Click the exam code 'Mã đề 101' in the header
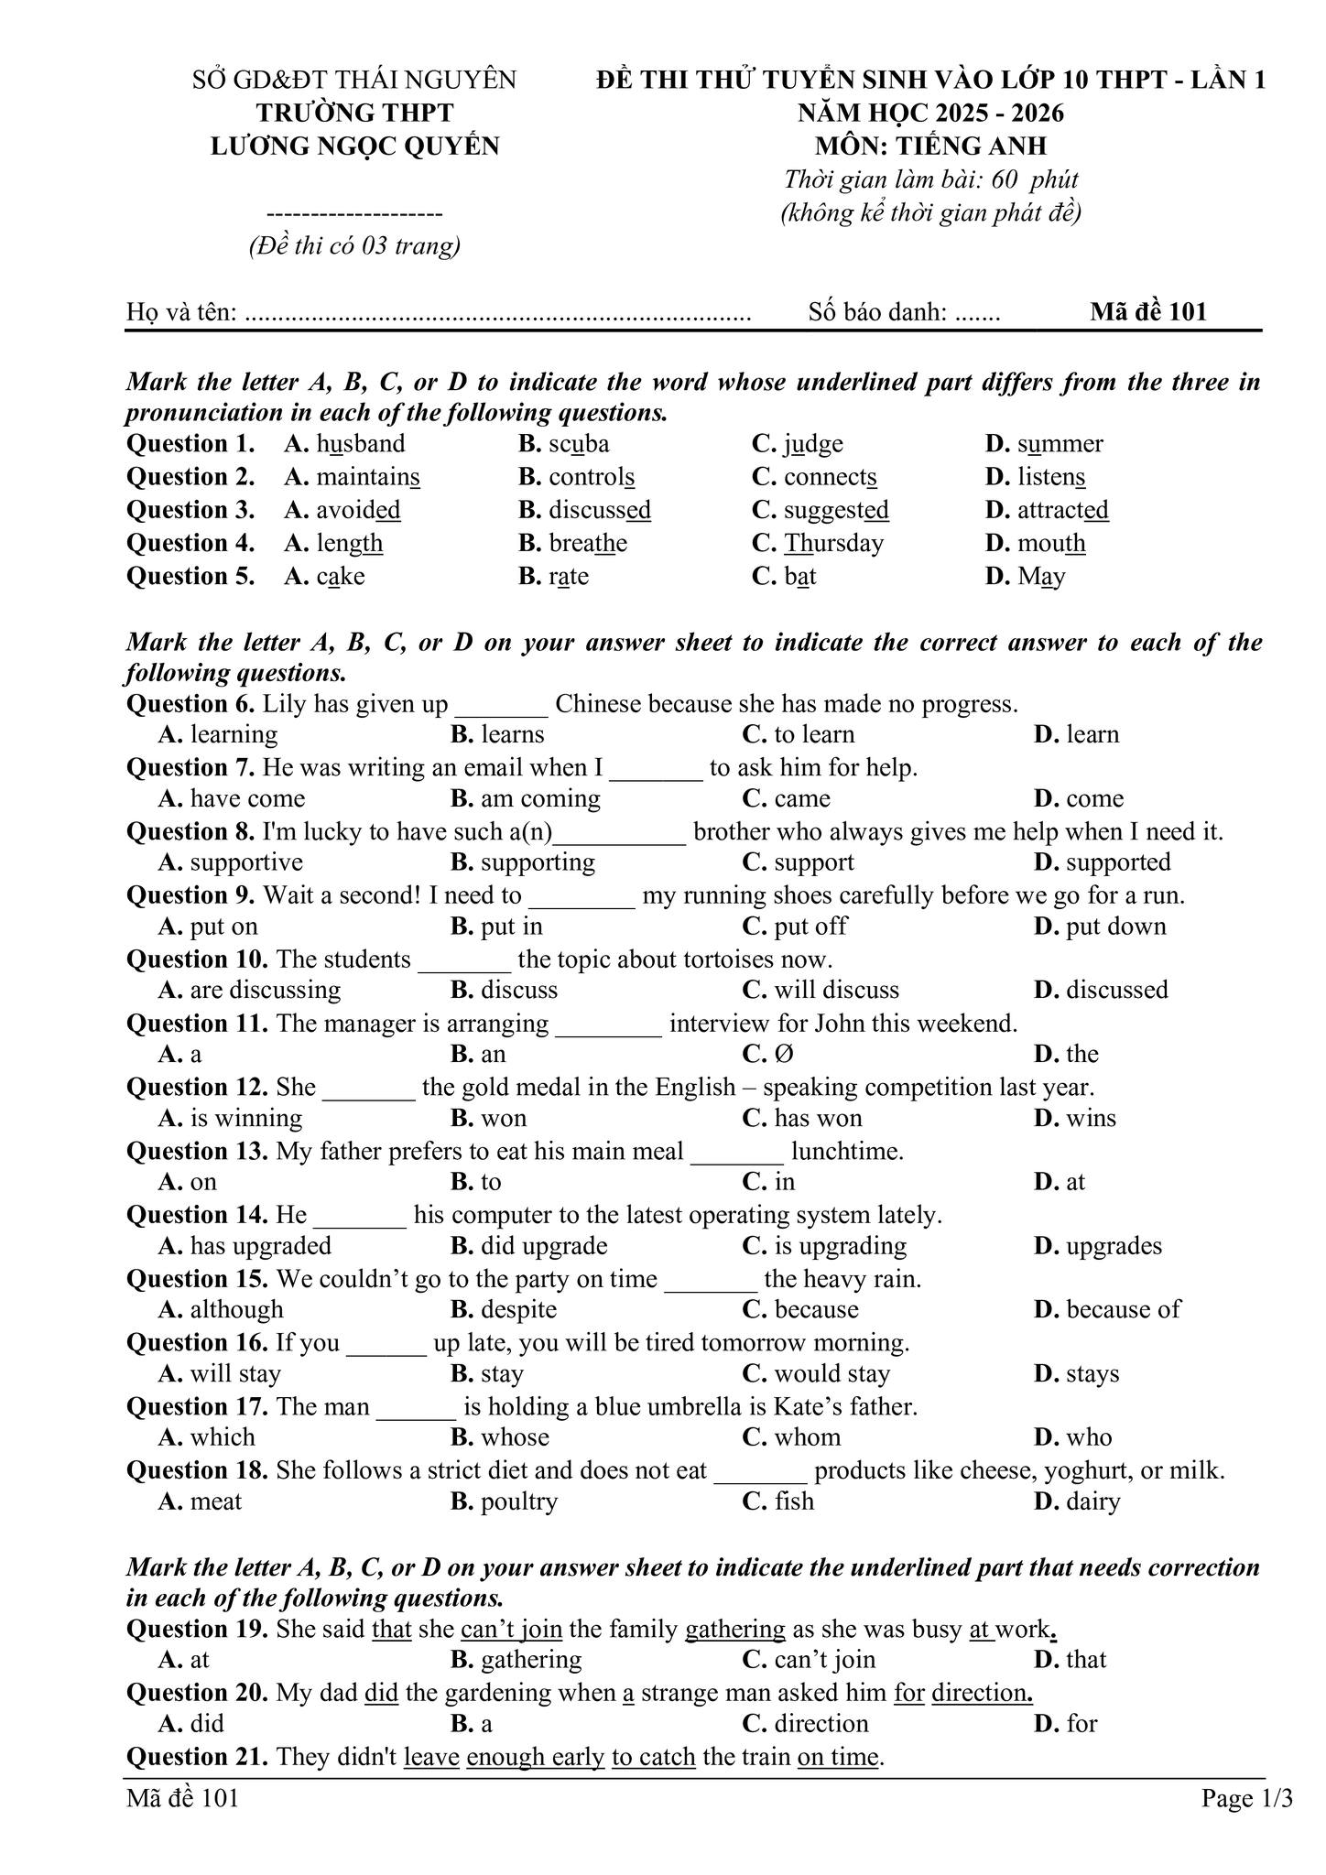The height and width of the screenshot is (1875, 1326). coord(1147,312)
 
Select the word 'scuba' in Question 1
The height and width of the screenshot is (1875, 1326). coord(579,444)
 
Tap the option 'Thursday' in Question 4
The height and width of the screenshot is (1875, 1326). coord(833,543)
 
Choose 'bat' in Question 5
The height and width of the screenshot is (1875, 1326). coord(799,576)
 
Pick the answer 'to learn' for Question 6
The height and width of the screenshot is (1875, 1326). coord(814,734)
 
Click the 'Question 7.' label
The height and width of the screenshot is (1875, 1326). coord(190,767)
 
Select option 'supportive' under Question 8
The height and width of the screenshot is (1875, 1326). coord(246,862)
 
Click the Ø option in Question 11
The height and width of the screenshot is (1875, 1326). coord(784,1054)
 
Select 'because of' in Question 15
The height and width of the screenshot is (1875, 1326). coord(1124,1309)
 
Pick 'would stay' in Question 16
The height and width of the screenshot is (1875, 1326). coord(831,1373)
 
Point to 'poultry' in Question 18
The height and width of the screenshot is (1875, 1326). coord(519,1501)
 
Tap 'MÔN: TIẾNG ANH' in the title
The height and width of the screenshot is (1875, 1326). coord(930,146)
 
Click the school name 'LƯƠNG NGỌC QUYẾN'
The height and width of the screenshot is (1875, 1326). coord(355,146)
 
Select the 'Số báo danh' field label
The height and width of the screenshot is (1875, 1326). coord(877,312)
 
